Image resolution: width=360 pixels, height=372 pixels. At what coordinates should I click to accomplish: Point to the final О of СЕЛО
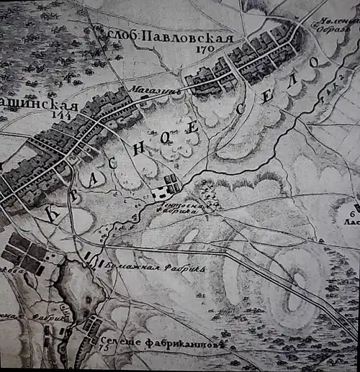pyautogui.click(x=314, y=64)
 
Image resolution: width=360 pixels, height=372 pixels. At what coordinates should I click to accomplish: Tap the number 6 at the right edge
pyautogui.click(x=354, y=214)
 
